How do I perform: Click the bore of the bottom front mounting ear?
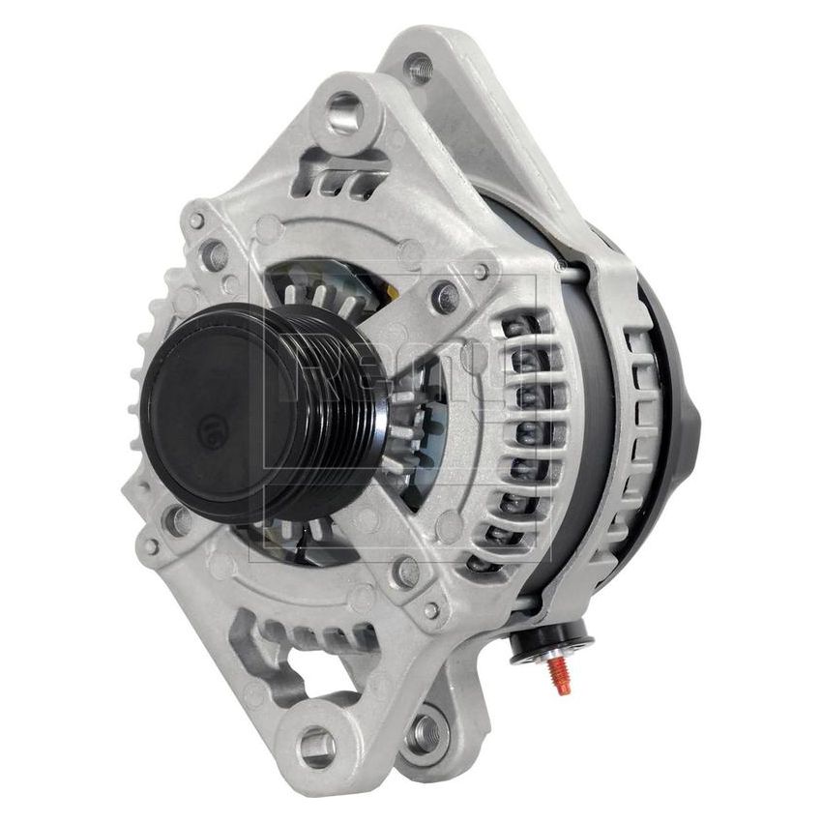316,746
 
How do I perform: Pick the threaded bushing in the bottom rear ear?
422,734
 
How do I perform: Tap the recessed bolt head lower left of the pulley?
179,523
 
